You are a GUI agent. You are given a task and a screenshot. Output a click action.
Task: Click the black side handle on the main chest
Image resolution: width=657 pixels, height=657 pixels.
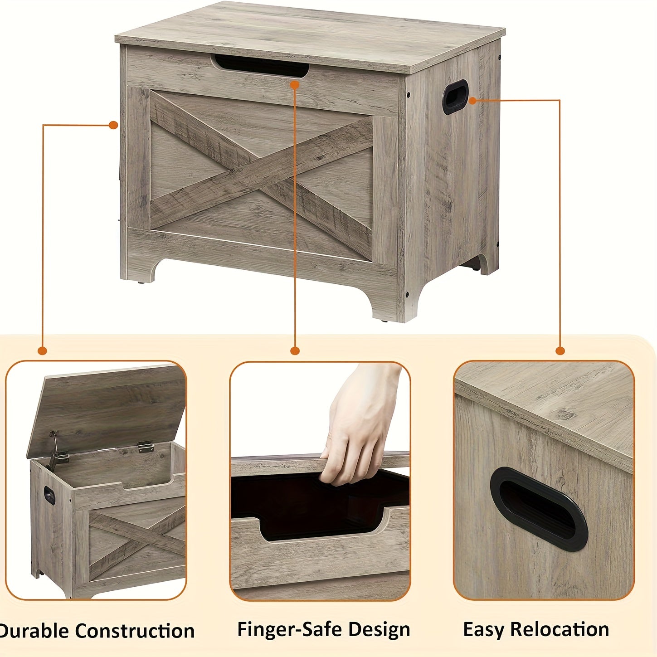click(x=455, y=97)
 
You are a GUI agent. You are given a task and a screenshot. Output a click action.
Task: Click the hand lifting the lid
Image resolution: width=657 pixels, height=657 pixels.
click(x=356, y=423)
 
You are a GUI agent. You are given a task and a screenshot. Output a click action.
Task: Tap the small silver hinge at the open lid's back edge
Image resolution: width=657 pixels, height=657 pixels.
click(x=146, y=446)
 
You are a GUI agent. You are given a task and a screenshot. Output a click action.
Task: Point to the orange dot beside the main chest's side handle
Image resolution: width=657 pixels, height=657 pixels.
click(x=472, y=101)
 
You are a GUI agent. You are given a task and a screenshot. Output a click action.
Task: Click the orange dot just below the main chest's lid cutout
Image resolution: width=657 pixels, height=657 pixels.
click(x=295, y=85)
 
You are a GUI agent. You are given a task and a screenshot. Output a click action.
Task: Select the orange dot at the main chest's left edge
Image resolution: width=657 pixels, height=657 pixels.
click(x=113, y=125)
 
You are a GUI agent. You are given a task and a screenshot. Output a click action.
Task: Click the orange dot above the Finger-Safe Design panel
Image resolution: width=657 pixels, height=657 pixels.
click(x=295, y=350)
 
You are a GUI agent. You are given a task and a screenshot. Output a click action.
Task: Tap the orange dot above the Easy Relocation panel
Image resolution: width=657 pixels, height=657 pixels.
click(x=560, y=350)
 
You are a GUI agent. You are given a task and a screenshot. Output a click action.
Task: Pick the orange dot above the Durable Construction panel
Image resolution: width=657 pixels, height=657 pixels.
click(x=42, y=350)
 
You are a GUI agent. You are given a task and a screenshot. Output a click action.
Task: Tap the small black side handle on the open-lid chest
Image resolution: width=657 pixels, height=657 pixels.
click(x=49, y=496)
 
